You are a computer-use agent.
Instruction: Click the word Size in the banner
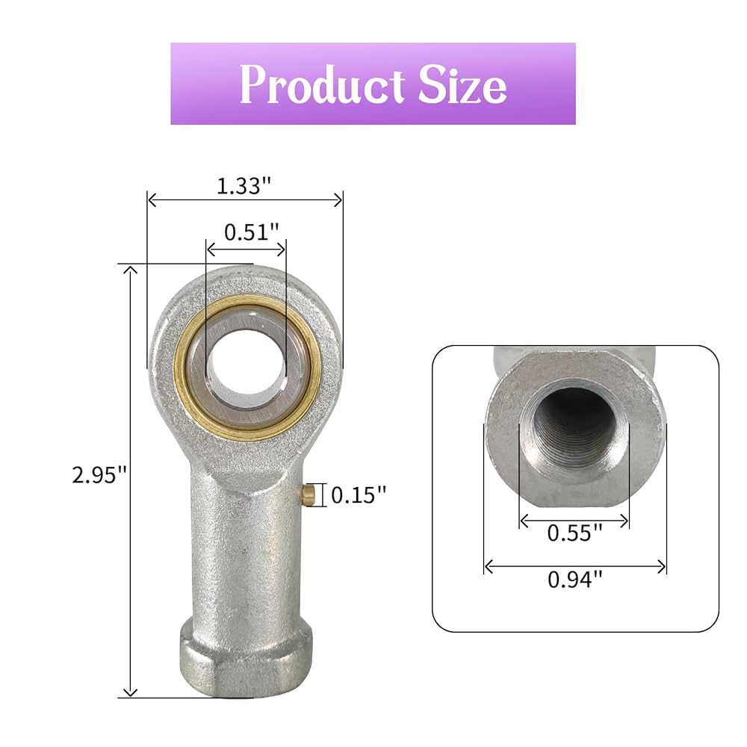462,85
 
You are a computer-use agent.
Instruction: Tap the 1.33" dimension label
244,185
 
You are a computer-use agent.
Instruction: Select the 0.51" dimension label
251,232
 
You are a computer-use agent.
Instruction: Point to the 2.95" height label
99,475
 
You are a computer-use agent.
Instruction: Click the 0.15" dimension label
359,495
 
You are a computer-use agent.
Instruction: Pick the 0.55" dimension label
574,533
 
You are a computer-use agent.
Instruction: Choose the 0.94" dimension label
575,580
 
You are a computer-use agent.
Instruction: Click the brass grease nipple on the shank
310,495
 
